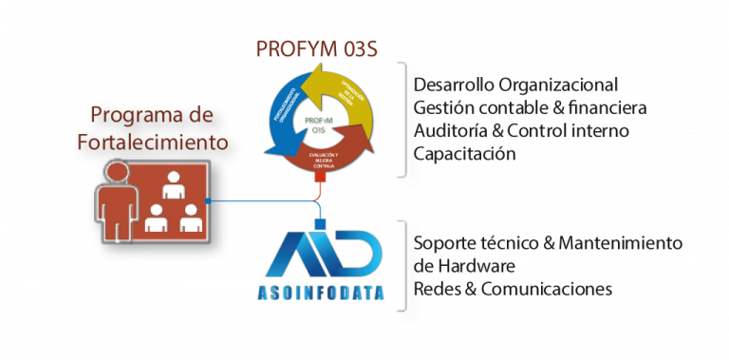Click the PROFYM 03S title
click(318, 47)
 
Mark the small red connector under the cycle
click(320, 178)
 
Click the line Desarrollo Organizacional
click(515, 84)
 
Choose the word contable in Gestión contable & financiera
click(514, 106)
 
